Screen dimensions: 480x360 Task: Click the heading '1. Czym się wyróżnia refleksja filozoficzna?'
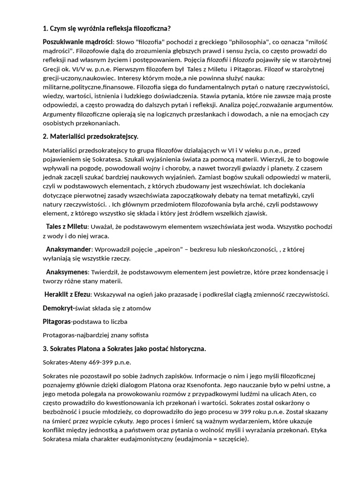(x=110, y=28)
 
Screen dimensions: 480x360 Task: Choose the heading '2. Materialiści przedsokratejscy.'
(x=90, y=136)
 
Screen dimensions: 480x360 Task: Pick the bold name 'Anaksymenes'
(x=67, y=272)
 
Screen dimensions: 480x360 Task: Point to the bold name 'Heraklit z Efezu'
(x=68, y=294)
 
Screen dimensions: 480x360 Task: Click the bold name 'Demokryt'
(x=58, y=308)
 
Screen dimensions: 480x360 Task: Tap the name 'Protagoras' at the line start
(x=59, y=335)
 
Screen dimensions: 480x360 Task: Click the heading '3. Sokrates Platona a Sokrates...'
(x=124, y=349)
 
